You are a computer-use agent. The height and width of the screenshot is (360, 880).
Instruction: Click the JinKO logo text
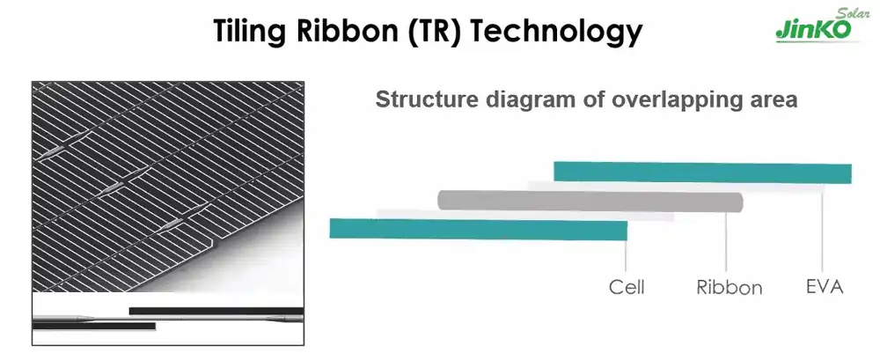(813, 30)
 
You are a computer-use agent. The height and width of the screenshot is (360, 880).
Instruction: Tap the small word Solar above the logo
(851, 13)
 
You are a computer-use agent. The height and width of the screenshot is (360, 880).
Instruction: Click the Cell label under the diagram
(627, 287)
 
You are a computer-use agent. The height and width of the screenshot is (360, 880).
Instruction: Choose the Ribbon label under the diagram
(729, 287)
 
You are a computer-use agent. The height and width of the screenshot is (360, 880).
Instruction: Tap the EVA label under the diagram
(825, 286)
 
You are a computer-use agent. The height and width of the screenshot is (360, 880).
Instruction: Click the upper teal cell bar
(702, 173)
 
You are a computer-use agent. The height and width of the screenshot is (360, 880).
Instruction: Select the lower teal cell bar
(478, 229)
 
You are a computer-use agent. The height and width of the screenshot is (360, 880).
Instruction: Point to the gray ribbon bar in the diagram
(590, 201)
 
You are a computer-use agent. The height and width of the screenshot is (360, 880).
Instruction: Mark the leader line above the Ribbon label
(726, 242)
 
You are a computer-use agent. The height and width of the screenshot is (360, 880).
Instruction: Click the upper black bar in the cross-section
(216, 311)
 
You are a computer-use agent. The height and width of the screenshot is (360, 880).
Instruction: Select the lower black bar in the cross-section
(94, 326)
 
